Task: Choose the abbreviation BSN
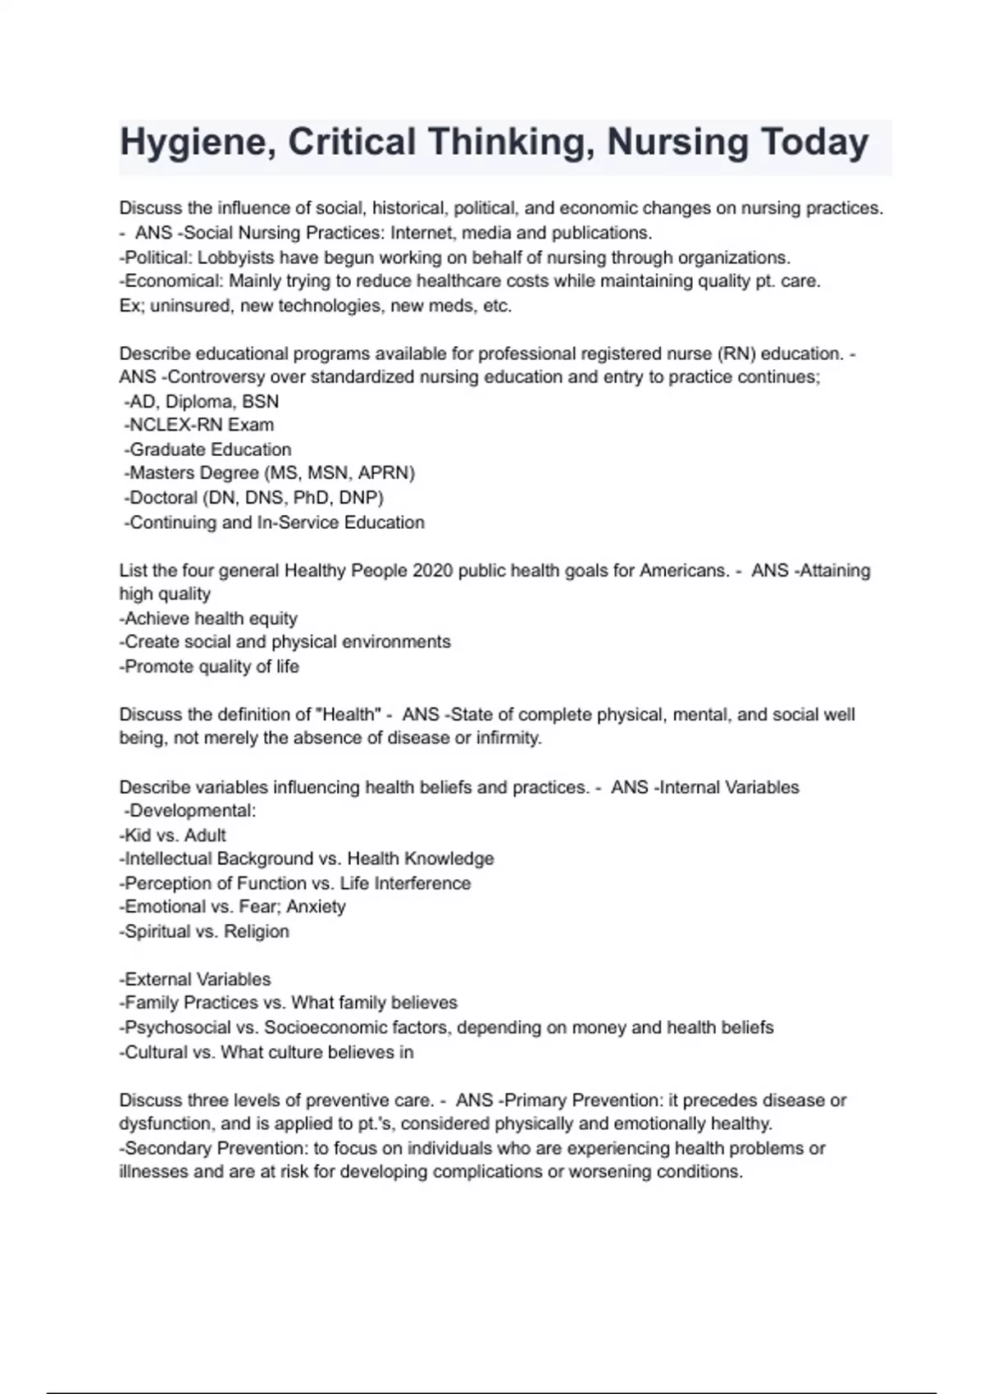click(x=260, y=402)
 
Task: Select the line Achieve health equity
click(x=210, y=618)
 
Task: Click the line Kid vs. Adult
click(x=173, y=835)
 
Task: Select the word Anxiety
click(x=316, y=907)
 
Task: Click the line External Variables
click(x=196, y=979)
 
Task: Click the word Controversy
click(x=216, y=377)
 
